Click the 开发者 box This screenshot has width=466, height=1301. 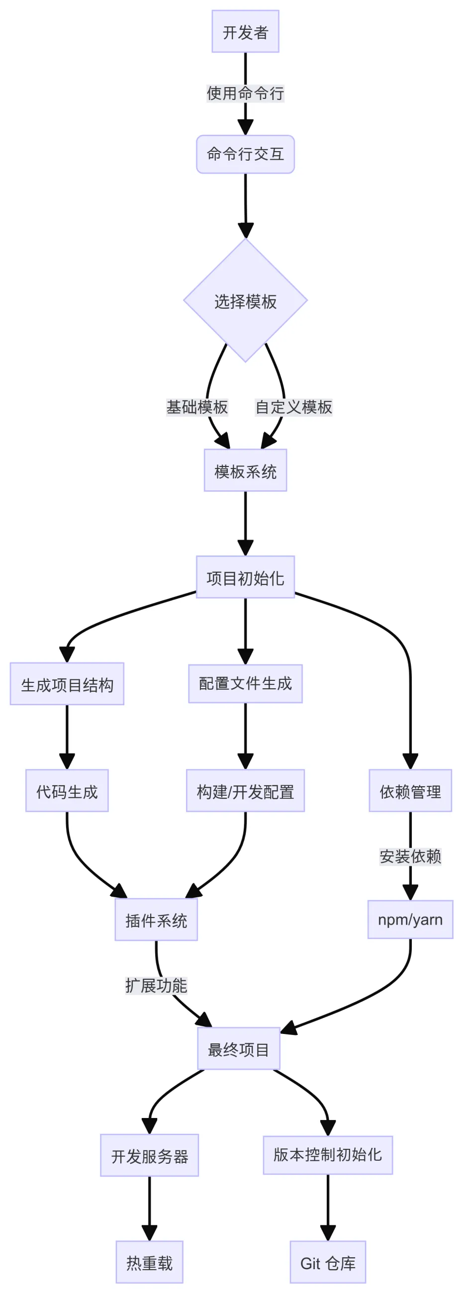(245, 31)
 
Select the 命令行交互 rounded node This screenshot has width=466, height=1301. (245, 154)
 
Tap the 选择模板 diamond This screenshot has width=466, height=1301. (245, 301)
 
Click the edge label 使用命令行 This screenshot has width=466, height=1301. (245, 93)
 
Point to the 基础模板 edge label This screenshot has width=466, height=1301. (197, 407)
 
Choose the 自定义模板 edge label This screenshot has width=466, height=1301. (293, 407)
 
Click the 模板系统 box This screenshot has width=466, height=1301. (245, 470)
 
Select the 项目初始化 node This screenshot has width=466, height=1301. (245, 577)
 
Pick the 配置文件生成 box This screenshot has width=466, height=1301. (245, 683)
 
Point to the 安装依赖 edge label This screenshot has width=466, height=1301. (410, 856)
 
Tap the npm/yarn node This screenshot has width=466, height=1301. (410, 919)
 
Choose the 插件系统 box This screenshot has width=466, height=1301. (156, 920)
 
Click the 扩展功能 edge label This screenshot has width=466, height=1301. (156, 985)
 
